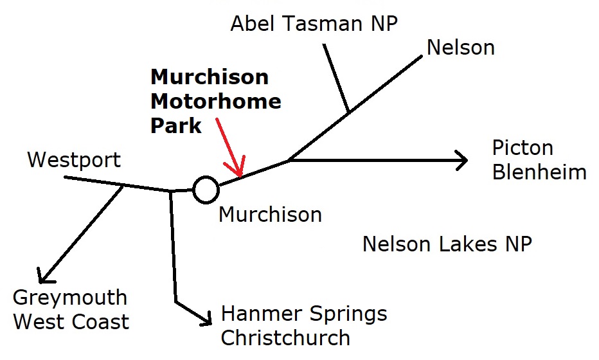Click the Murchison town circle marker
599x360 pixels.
click(206, 189)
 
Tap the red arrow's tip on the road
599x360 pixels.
click(240, 175)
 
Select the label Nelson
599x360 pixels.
click(461, 47)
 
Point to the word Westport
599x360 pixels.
click(74, 159)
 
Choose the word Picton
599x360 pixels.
click(523, 148)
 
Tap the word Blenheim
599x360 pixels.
click(539, 172)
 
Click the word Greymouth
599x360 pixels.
click(70, 298)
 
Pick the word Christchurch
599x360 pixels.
click(285, 337)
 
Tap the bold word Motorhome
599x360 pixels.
click(215, 102)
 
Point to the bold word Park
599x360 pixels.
click(176, 125)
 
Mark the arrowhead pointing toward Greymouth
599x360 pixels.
click(42, 278)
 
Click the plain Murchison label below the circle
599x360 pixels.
click(270, 214)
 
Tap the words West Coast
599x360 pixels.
click(71, 321)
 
